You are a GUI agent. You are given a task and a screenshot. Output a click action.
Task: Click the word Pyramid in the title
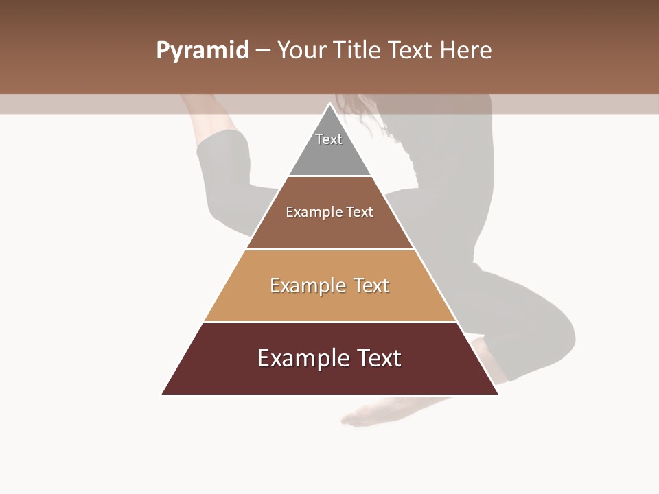pyautogui.click(x=203, y=51)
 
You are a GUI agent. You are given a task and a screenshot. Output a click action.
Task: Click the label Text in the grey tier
pyautogui.click(x=329, y=139)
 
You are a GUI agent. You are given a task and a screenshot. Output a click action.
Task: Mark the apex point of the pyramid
pyautogui.click(x=330, y=104)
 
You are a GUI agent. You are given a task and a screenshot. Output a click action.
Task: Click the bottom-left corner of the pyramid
pyautogui.click(x=163, y=394)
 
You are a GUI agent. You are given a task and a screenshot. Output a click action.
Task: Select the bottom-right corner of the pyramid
pyautogui.click(x=498, y=394)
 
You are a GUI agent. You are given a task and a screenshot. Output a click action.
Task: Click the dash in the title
pyautogui.click(x=263, y=51)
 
